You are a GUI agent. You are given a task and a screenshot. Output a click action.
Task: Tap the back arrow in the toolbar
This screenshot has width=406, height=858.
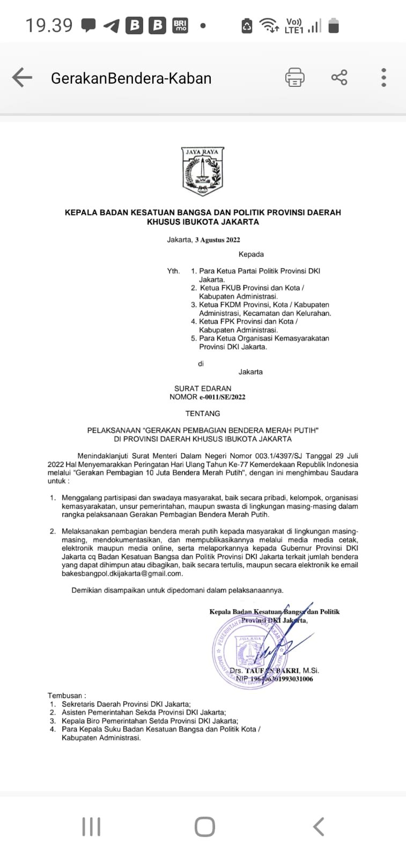tap(22, 78)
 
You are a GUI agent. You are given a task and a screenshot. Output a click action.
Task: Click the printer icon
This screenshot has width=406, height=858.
tap(295, 78)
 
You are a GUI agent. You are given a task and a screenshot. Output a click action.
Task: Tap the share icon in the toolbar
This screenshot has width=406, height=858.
tap(339, 78)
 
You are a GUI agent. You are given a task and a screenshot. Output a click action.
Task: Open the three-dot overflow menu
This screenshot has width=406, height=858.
tap(383, 78)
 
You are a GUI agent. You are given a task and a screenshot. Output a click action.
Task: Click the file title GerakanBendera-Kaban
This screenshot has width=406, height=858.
tap(131, 78)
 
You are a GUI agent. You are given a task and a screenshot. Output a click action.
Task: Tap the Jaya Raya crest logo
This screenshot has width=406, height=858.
tap(202, 171)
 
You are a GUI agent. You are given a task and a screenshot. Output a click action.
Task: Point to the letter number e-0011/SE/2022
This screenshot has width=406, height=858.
tap(222, 397)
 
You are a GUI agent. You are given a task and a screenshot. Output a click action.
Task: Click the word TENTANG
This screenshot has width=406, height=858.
tap(203, 413)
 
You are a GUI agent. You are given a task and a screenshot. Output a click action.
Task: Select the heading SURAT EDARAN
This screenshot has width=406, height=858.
tap(203, 388)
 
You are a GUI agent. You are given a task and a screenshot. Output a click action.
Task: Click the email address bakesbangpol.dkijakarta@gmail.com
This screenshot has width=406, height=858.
tap(122, 573)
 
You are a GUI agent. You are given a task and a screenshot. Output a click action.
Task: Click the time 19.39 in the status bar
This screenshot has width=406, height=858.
tap(49, 25)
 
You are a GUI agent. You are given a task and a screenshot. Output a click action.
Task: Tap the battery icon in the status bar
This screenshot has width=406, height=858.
tap(334, 25)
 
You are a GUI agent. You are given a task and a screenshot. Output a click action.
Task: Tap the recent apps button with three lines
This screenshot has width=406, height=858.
tap(91, 826)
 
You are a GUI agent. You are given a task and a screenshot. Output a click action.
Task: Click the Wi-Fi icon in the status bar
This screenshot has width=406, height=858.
tap(268, 25)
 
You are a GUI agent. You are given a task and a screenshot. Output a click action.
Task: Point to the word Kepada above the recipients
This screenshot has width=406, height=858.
tap(251, 254)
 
